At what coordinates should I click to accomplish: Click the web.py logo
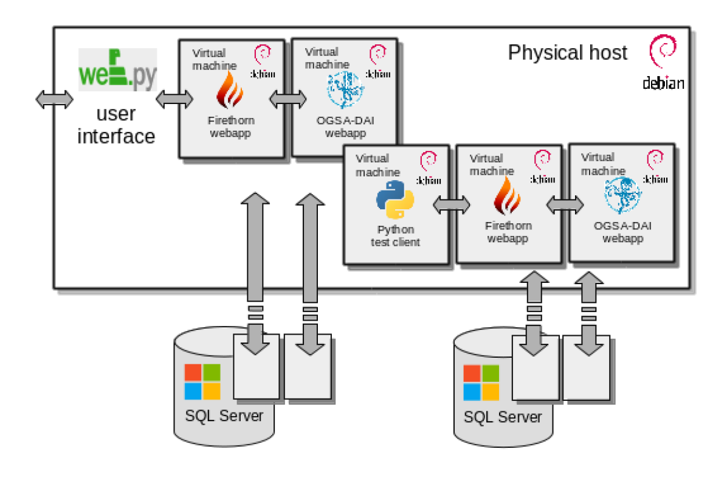(x=117, y=70)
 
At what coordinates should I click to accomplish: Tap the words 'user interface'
(x=116, y=125)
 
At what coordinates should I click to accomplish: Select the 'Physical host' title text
(x=567, y=53)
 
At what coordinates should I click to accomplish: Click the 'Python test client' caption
(x=395, y=236)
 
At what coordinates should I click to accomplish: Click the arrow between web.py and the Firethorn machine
(x=174, y=99)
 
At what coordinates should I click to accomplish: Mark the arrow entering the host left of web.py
(x=54, y=99)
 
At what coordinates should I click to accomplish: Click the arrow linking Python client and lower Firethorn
(x=452, y=206)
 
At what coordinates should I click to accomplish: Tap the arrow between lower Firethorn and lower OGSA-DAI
(x=564, y=206)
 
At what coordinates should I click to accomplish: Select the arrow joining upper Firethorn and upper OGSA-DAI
(x=288, y=99)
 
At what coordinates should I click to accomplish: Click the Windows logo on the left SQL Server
(x=202, y=381)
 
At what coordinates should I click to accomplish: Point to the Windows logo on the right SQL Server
(x=481, y=383)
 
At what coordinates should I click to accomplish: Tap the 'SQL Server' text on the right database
(x=502, y=417)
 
